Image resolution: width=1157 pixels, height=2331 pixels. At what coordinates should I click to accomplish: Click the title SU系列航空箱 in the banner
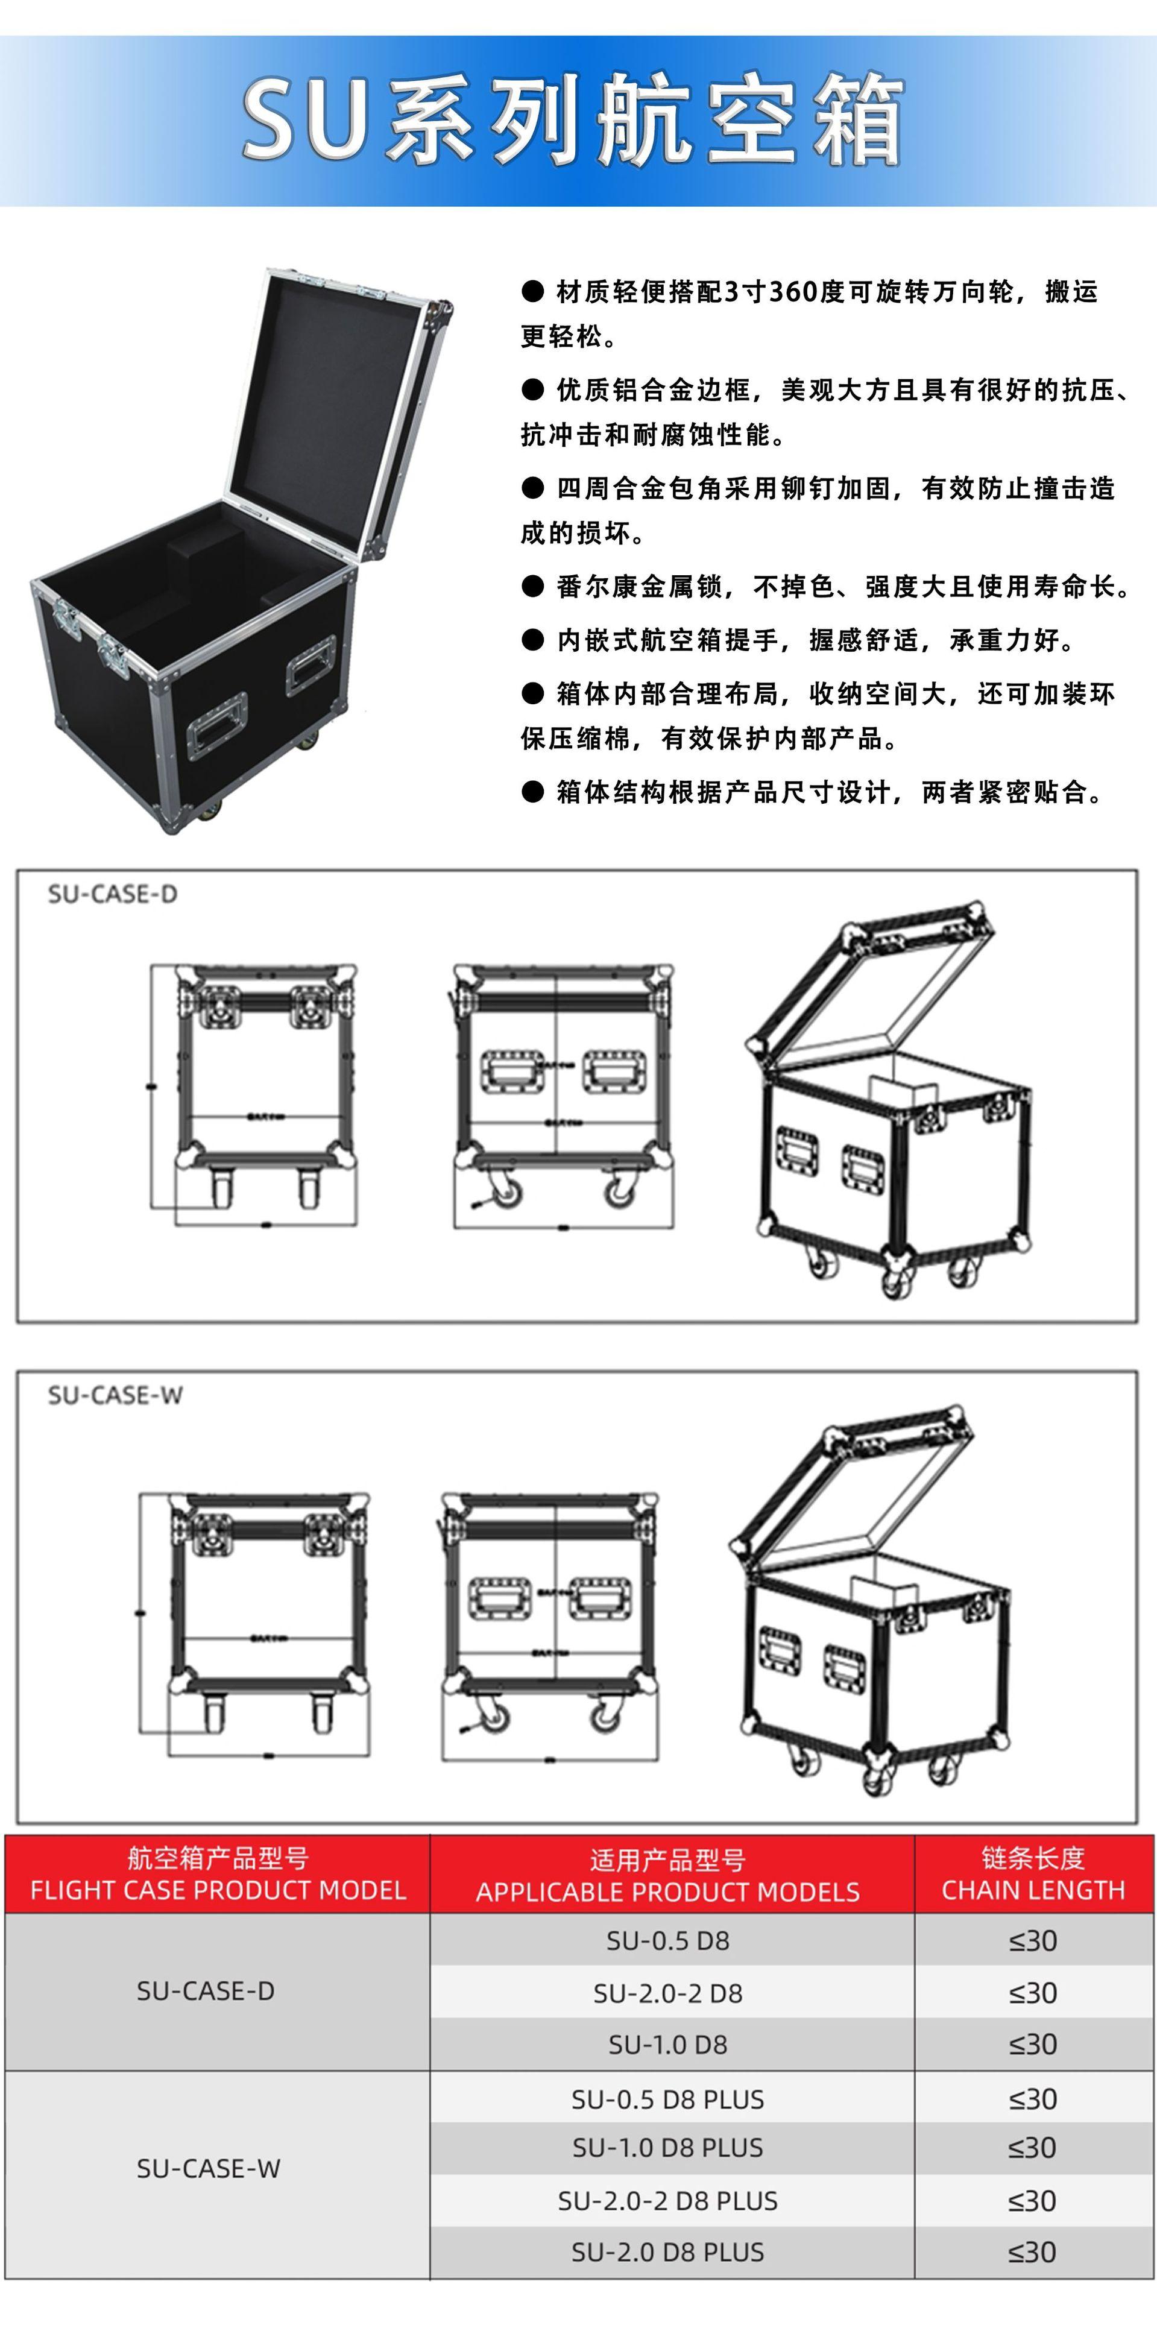coord(573,121)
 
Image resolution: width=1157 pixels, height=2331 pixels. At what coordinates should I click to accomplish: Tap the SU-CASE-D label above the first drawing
coord(112,894)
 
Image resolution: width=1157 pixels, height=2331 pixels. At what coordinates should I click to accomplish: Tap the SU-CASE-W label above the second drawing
coord(115,1395)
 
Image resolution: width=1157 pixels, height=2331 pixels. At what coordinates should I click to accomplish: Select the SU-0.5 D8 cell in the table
coord(667,1940)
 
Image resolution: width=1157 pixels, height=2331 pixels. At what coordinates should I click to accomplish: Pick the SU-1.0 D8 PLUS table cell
coord(667,2147)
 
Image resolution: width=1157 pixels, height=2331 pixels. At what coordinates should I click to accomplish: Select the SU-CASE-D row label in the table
coord(206,1991)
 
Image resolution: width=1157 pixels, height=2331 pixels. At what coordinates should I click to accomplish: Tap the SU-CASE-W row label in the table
coord(208,2168)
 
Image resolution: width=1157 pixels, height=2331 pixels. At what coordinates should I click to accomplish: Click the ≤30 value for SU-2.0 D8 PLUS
coord(1033,2251)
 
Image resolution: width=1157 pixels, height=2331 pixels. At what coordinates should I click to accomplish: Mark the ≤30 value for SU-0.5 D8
coord(1033,1940)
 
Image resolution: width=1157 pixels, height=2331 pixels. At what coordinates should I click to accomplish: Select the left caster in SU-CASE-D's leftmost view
coord(221,1185)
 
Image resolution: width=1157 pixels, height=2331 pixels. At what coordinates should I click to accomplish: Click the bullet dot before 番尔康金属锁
coord(533,587)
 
